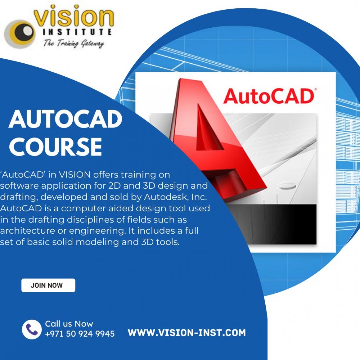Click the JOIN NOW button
pyautogui.click(x=48, y=285)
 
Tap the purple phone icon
pyautogui.click(x=32, y=329)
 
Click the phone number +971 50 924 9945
pyautogui.click(x=80, y=334)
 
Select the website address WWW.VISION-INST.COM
pyautogui.click(x=187, y=333)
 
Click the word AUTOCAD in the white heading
pyautogui.click(x=65, y=120)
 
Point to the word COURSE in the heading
pyautogui.click(x=55, y=147)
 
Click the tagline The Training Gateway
pyautogui.click(x=74, y=44)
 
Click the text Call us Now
pyautogui.click(x=69, y=324)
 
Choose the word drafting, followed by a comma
pyautogui.click(x=16, y=197)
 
